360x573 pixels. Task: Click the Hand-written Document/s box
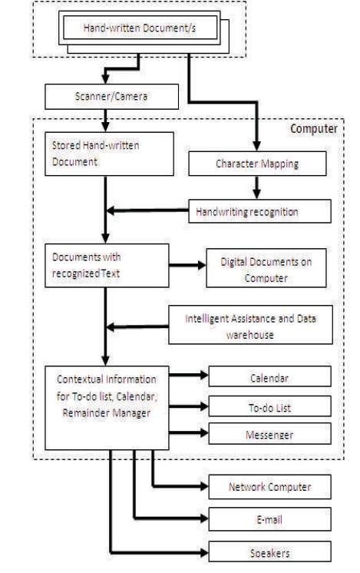[140, 28]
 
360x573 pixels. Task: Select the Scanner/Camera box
[112, 97]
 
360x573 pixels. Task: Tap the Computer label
[314, 129]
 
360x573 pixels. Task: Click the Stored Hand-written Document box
[109, 154]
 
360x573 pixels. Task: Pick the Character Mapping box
[257, 164]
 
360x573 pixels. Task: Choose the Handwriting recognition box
[259, 211]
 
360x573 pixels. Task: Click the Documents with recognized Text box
[107, 265]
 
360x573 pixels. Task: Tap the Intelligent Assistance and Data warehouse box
[250, 325]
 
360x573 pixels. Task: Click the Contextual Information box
[107, 408]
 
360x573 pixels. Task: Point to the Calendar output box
[270, 376]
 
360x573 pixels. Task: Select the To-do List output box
[270, 406]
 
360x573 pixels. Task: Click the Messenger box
[270, 434]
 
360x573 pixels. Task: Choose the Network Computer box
[270, 487]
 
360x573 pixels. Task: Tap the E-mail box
[270, 519]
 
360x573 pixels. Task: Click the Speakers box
[270, 551]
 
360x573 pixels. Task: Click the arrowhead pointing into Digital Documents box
[202, 265]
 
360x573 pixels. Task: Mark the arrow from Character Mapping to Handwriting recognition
[256, 187]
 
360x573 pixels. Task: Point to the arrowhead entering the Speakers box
[204, 551]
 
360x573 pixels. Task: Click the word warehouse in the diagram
[249, 335]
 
